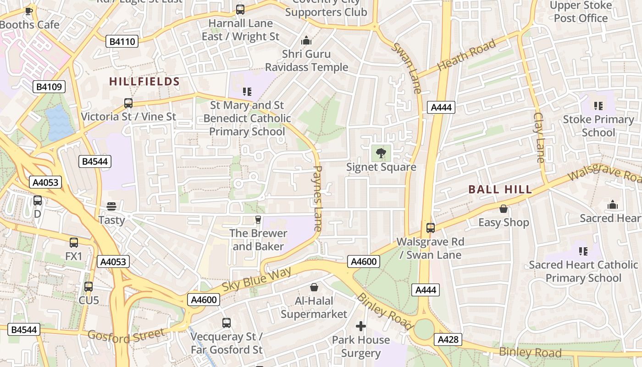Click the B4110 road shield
pyautogui.click(x=123, y=42)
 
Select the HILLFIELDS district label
pyautogui.click(x=144, y=82)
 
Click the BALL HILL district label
pyautogui.click(x=500, y=189)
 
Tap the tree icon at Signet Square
pyautogui.click(x=381, y=153)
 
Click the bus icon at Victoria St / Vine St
pyautogui.click(x=128, y=103)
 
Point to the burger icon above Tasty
pyautogui.click(x=111, y=206)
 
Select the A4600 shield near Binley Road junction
pyautogui.click(x=364, y=261)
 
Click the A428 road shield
pyautogui.click(x=448, y=339)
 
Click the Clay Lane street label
pyautogui.click(x=539, y=138)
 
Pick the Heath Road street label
pyautogui.click(x=466, y=55)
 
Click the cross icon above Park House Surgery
pyautogui.click(x=361, y=326)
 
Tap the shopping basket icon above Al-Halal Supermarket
pyautogui.click(x=314, y=287)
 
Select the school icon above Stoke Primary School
pyautogui.click(x=598, y=106)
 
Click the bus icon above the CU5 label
pyautogui.click(x=89, y=286)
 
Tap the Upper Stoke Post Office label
pyautogui.click(x=581, y=12)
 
